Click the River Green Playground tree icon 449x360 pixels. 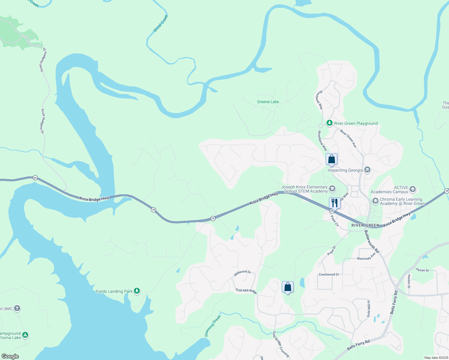[x=330, y=123]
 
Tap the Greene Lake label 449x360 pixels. [x=268, y=102]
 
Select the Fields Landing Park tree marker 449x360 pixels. [x=137, y=291]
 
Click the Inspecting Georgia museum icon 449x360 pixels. [x=367, y=170]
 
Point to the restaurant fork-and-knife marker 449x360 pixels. [x=335, y=203]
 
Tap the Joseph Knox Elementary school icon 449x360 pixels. [x=332, y=188]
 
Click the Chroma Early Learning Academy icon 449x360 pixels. [x=375, y=201]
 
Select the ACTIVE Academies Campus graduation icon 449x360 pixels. [x=412, y=189]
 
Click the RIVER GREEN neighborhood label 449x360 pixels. [x=365, y=225]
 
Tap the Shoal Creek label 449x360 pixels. [x=161, y=23]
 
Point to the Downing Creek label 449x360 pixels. [x=213, y=325]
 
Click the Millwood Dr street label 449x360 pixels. [x=243, y=273]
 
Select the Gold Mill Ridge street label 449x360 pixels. [x=246, y=291]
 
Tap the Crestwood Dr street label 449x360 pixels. [x=329, y=274]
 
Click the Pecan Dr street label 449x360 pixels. [x=423, y=270]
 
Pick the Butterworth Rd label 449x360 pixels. [x=372, y=241]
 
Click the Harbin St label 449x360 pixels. [x=409, y=281]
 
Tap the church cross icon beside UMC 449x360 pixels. [x=17, y=308]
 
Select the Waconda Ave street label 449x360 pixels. [x=366, y=257]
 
